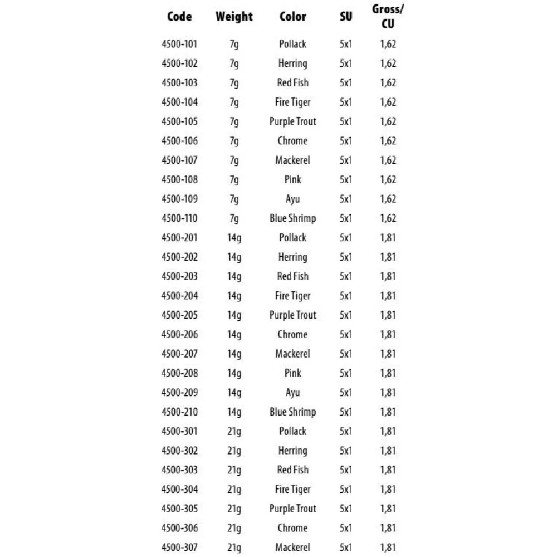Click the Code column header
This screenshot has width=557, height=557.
(x=179, y=17)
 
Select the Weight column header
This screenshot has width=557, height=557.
(x=234, y=17)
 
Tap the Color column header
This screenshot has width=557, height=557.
(x=292, y=17)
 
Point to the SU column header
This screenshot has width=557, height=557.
(x=346, y=17)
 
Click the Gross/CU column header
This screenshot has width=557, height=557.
(x=388, y=17)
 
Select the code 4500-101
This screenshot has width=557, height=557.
(x=179, y=44)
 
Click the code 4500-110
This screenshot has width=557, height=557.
(x=179, y=218)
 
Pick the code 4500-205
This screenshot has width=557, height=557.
(x=179, y=315)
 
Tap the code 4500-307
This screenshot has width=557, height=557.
(x=179, y=548)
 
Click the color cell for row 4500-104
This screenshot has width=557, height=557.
(x=292, y=102)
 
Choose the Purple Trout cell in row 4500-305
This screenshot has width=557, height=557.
(x=292, y=509)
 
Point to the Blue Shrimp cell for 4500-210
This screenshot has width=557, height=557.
(x=292, y=412)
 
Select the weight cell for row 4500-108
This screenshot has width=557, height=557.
(x=234, y=179)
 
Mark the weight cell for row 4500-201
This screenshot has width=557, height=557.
(x=234, y=238)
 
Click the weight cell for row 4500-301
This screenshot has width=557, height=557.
(x=234, y=431)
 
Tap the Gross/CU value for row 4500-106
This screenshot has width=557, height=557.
(x=388, y=141)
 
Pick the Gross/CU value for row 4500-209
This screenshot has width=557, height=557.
(x=388, y=393)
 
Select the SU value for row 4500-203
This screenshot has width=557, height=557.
(x=346, y=276)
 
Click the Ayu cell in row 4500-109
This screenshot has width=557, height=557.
(x=292, y=199)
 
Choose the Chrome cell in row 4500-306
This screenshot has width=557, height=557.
(x=292, y=528)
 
